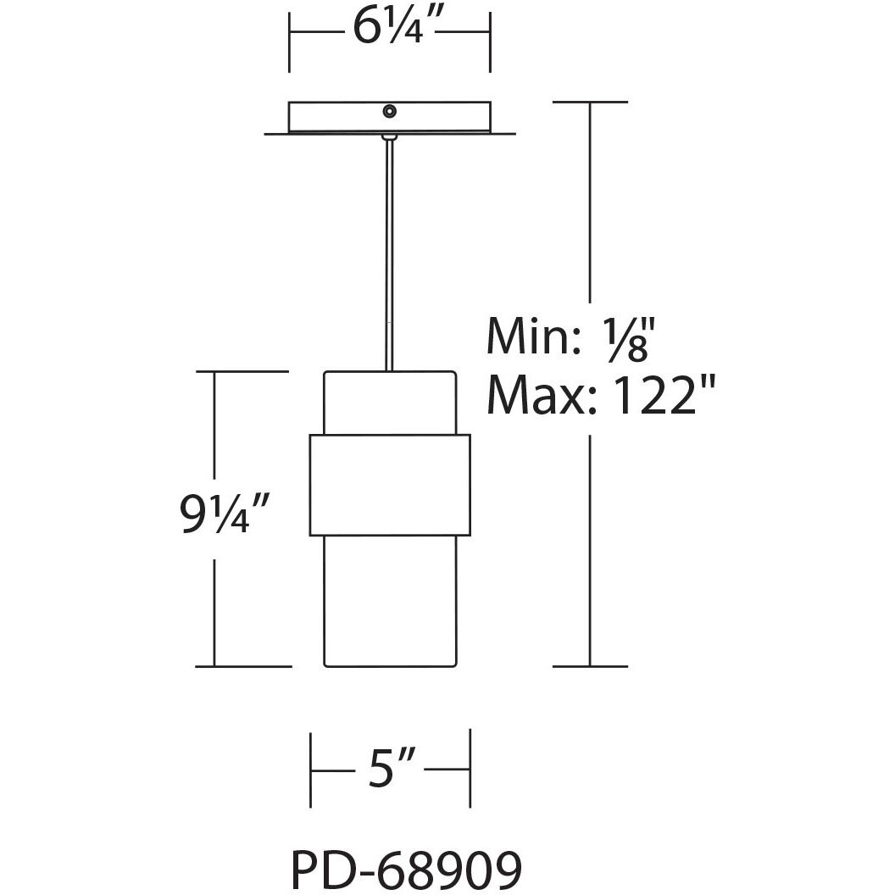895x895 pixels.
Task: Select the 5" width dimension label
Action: [390, 771]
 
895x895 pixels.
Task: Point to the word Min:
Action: [529, 336]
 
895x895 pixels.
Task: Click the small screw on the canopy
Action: [389, 111]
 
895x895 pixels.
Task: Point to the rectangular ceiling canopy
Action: [339, 117]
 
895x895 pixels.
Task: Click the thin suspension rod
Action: [389, 254]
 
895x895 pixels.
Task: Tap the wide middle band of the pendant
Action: [390, 485]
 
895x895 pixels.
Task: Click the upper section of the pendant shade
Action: [390, 403]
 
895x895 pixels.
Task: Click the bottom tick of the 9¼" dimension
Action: [244, 666]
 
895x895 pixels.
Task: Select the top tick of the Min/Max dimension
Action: [590, 103]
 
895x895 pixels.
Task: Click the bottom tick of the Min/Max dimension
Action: [590, 666]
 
